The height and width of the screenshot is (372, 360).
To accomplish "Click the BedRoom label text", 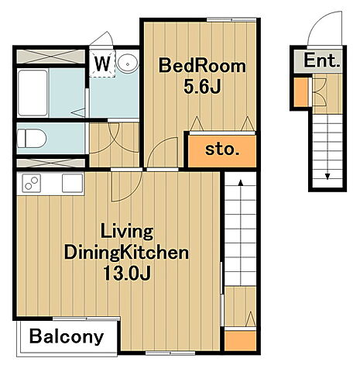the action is (202, 66).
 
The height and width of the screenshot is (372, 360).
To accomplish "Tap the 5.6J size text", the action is (202, 87).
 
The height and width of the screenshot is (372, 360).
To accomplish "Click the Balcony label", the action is (67, 336).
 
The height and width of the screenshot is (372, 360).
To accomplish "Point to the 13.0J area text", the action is (127, 273).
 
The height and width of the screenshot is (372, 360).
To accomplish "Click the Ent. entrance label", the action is (321, 60).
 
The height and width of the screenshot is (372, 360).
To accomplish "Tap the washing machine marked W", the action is (102, 64).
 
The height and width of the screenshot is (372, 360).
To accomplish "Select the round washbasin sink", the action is (127, 64).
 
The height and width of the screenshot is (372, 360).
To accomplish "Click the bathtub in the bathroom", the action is (33, 93).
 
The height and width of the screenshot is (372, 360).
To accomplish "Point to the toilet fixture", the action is (32, 139).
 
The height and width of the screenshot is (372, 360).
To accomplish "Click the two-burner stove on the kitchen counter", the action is (32, 183).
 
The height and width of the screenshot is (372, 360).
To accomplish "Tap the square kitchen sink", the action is (73, 183).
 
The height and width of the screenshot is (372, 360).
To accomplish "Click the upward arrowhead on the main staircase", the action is (241, 183).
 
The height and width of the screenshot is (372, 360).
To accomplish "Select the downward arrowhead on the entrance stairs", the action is (327, 177).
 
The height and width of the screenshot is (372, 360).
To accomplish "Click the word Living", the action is (127, 232).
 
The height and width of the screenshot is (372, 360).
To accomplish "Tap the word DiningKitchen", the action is (126, 253).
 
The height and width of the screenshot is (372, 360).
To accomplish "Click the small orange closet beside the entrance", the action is (301, 92).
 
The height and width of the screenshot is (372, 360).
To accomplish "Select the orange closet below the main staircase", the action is (240, 341).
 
